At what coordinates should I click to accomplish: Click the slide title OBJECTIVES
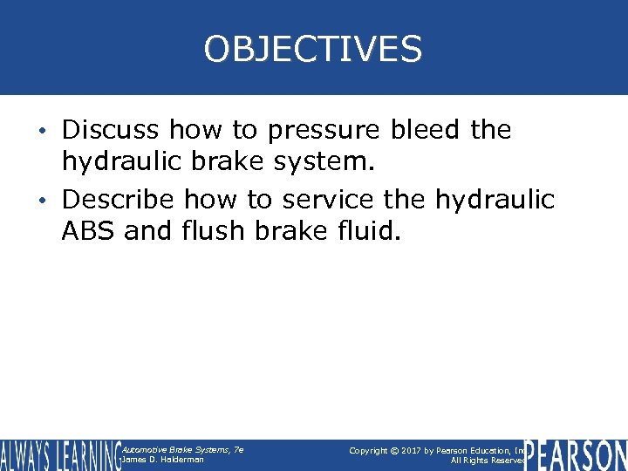coord(313,49)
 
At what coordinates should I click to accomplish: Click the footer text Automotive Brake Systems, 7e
coord(182,450)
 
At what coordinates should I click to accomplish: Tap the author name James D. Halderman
coord(163,460)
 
